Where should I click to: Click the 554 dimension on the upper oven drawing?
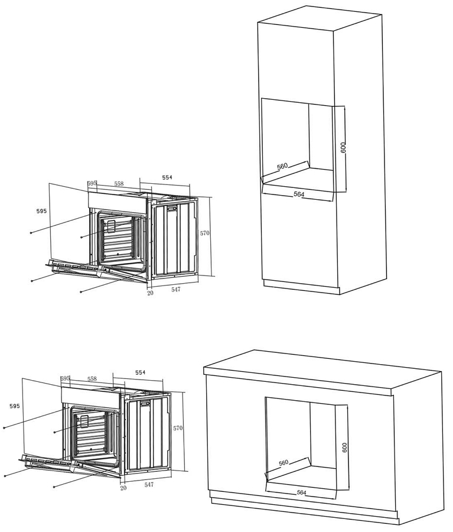[x=167, y=177]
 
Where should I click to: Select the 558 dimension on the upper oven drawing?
[x=119, y=184]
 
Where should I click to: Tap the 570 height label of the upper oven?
[x=205, y=233]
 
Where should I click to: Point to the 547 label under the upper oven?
[x=175, y=290]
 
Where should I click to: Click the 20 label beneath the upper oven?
[x=150, y=293]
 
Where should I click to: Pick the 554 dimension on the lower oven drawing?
[x=140, y=372]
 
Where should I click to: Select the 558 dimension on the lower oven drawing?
[x=92, y=379]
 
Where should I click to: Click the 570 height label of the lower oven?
[x=178, y=428]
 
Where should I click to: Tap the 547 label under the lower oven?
[x=149, y=485]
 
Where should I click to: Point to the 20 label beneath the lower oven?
[x=123, y=488]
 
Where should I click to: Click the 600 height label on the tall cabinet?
[x=344, y=147]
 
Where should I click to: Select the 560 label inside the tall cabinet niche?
[x=282, y=166]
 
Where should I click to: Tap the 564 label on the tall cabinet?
[x=299, y=194]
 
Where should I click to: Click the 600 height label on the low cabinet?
[x=345, y=447]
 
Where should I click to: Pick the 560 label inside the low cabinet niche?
[x=283, y=463]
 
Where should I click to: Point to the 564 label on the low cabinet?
[x=301, y=492]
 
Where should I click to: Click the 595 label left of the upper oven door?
[x=41, y=211]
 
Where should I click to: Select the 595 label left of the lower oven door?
[x=15, y=406]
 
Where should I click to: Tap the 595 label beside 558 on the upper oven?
[x=92, y=183]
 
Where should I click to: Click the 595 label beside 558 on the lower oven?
[x=65, y=378]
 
